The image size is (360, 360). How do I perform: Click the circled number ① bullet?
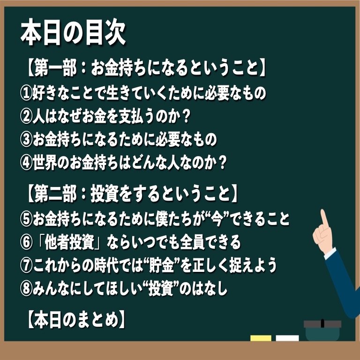click(26, 94)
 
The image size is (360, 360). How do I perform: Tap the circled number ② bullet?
click(26, 117)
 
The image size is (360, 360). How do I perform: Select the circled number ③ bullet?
click(26, 140)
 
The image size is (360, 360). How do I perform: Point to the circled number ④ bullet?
click(26, 163)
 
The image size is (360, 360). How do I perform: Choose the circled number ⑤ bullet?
click(26, 219)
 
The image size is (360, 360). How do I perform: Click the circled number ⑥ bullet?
click(26, 242)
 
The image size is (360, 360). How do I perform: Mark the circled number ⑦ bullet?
click(26, 265)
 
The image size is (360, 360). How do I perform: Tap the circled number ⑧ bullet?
click(26, 288)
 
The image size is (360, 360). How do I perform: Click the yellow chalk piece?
click(261, 338)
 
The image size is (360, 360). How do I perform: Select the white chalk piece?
click(287, 338)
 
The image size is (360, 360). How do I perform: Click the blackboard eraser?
click(322, 330)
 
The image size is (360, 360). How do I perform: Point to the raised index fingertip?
click(322, 211)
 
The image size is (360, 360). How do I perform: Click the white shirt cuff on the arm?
click(330, 253)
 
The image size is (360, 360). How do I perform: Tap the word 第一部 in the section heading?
click(55, 68)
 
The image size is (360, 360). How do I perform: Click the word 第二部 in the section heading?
click(55, 195)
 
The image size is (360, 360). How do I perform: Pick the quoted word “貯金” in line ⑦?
click(162, 265)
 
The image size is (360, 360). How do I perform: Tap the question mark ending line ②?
click(187, 117)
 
